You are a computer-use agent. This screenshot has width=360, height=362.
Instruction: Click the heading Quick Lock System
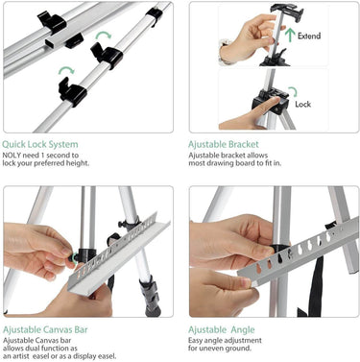[x=40, y=144]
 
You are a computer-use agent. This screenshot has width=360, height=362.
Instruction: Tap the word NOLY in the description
[x=12, y=156]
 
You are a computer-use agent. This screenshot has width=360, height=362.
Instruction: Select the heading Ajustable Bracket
[x=224, y=145]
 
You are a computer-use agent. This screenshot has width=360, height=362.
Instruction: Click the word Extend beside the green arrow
[x=309, y=36]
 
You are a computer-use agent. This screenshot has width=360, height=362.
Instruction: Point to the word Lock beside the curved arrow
[x=302, y=104]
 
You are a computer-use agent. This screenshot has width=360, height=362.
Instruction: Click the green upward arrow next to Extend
[x=290, y=35]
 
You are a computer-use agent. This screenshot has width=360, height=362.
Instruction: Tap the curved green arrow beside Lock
[x=293, y=91]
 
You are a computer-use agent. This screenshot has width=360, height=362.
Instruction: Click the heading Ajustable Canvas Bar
[x=45, y=329]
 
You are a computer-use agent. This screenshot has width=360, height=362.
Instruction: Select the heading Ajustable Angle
[x=222, y=329]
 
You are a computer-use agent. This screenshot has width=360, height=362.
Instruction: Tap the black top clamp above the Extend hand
[x=287, y=9]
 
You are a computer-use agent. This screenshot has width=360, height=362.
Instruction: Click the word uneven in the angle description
[x=216, y=348]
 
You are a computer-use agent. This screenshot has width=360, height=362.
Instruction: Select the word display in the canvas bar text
[x=84, y=356]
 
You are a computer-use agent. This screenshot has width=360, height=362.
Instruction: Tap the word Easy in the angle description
[x=195, y=341]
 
